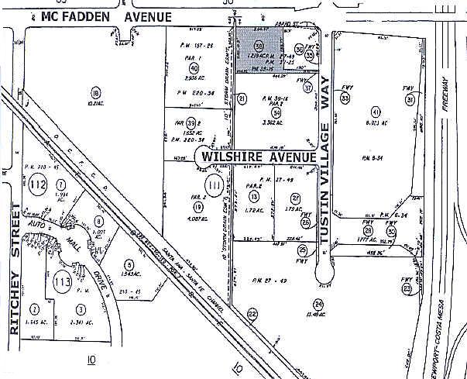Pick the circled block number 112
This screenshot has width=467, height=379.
click(39, 184)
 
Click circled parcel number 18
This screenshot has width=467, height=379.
click(96, 91)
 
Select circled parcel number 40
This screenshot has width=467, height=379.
click(194, 68)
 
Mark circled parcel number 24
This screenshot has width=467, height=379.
click(318, 304)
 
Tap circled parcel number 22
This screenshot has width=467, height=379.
click(252, 313)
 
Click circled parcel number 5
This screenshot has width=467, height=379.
click(128, 264)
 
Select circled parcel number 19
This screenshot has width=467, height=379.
click(198, 207)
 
